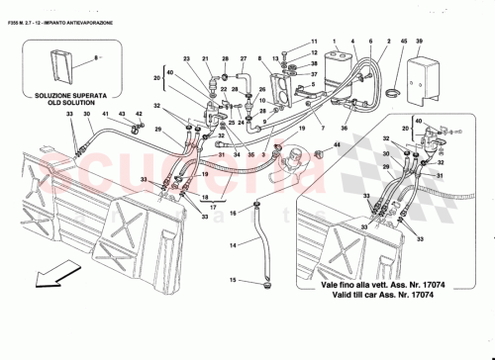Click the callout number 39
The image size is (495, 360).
419,43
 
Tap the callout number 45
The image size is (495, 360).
403,43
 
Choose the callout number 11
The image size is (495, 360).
314,43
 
